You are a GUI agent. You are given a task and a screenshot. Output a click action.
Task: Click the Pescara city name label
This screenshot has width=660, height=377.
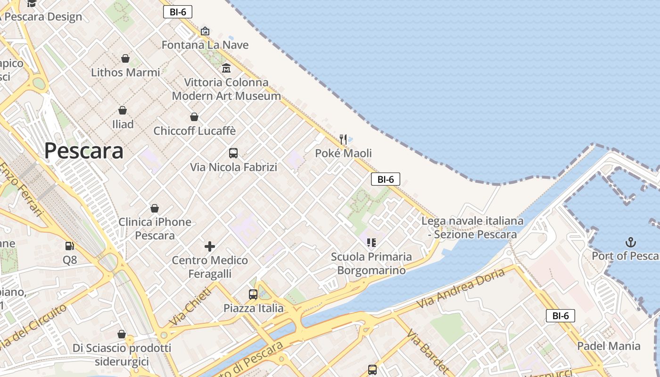click(84, 151)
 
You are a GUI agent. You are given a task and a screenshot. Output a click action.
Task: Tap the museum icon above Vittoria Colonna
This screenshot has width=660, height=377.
click(226, 68)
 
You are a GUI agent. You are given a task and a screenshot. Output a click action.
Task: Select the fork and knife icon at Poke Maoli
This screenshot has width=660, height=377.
click(343, 139)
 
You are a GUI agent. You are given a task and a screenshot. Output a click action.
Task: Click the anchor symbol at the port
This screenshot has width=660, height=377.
click(630, 243)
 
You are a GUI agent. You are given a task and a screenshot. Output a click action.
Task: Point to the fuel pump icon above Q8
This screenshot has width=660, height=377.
click(70, 246)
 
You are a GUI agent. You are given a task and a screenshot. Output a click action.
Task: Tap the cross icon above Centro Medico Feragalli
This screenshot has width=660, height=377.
click(210, 246)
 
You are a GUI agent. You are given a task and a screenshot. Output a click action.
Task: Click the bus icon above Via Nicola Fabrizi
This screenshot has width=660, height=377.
click(233, 153)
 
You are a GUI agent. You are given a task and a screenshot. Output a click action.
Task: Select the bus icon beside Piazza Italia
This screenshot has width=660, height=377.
click(253, 295)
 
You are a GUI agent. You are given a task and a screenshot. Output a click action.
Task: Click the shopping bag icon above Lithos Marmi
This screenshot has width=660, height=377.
click(125, 58)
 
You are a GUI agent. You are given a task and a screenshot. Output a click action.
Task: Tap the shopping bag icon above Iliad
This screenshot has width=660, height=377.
click(123, 111)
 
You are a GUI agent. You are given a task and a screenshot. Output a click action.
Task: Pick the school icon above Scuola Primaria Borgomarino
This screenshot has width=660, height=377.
click(371, 243)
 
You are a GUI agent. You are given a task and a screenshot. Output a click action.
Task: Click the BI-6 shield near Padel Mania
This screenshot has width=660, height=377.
click(560, 316)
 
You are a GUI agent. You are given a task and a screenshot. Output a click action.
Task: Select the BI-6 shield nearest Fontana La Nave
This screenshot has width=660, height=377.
click(177, 12)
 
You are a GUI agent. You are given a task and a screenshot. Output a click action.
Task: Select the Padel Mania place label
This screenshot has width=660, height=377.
click(609, 346)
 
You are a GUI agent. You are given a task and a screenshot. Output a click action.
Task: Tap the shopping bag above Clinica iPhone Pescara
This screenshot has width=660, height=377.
click(155, 208)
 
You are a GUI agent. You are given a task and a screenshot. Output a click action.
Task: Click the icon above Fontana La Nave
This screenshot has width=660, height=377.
click(205, 31)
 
